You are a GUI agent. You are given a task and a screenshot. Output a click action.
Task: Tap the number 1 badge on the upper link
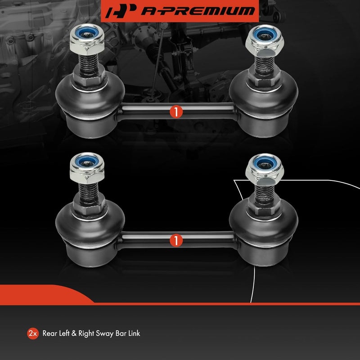point(176,112)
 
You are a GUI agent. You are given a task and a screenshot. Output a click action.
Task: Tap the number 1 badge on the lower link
point(176,240)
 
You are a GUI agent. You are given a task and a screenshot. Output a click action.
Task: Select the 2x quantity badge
point(32,333)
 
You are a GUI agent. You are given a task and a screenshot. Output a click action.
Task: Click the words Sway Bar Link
point(120,333)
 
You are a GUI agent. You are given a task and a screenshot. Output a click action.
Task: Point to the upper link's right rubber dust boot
point(264,97)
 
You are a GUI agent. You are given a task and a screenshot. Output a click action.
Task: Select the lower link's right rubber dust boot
point(264,225)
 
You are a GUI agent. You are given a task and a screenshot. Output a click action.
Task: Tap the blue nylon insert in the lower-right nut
point(261,161)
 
